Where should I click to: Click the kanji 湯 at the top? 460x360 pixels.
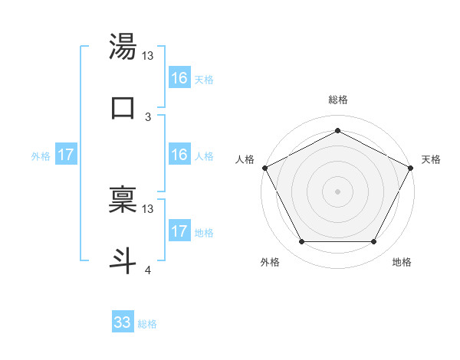[123, 47]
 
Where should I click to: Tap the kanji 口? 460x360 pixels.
[123, 108]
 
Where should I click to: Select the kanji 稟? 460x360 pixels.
[123, 198]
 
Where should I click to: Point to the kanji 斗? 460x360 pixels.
[123, 259]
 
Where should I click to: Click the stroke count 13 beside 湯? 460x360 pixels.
[148, 56]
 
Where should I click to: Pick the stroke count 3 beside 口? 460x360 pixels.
[148, 117]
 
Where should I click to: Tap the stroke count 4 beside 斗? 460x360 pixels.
[148, 270]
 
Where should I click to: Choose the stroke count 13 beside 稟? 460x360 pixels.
[148, 208]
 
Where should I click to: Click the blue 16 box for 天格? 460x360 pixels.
[179, 78]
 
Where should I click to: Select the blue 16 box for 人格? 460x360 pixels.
[179, 155]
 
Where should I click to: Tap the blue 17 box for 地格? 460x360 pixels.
[179, 231]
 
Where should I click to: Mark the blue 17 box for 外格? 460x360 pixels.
[66, 155]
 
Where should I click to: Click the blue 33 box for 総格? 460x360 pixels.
[123, 322]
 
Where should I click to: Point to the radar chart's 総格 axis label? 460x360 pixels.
[337, 100]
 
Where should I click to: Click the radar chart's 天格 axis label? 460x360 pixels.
[431, 159]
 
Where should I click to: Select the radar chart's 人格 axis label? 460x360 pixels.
[245, 159]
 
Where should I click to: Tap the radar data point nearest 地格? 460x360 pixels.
[374, 242]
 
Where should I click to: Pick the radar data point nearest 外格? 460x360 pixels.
[301, 242]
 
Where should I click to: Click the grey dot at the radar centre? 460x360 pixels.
[337, 191]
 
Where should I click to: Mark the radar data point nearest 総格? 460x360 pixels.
[337, 130]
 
